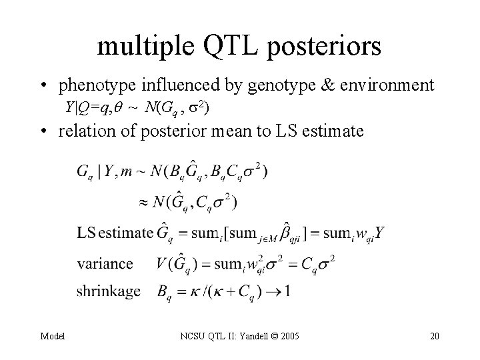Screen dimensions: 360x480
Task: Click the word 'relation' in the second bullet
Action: [83, 131]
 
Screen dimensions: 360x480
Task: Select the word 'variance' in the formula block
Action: [105, 263]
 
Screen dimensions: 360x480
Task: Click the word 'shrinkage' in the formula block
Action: [109, 291]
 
